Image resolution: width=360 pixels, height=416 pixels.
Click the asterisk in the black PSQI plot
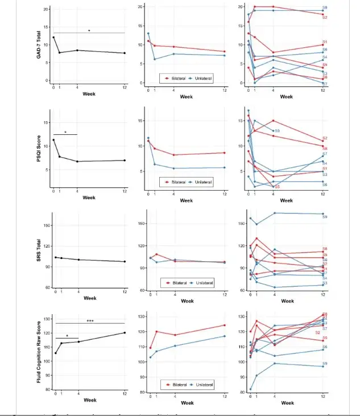pos(65,133)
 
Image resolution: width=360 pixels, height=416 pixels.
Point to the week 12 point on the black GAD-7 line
pos(125,53)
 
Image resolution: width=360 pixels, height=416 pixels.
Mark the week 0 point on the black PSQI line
pos(53,140)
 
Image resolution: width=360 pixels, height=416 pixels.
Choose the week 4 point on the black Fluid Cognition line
pos(77,341)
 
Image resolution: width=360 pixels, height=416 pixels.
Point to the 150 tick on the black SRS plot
pos(46,225)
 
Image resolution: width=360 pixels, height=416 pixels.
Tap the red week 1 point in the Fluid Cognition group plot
pos(156,332)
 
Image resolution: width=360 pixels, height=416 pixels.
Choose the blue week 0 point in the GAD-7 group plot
pos(148,34)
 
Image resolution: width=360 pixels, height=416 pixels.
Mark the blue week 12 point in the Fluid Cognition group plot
pos(225,336)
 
